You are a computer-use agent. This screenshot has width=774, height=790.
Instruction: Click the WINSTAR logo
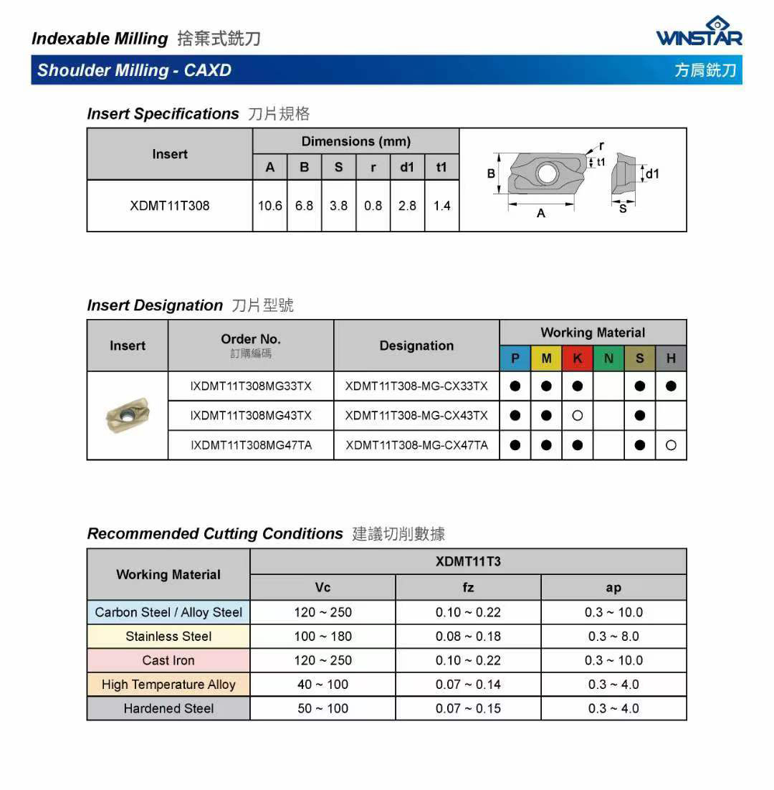point(699,32)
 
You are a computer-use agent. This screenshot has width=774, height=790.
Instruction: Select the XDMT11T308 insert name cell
point(170,206)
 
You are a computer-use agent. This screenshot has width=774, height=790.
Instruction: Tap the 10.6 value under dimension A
point(270,206)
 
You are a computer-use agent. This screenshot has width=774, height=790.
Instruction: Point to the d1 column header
point(407,167)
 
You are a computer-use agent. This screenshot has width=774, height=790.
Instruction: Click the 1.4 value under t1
point(441,206)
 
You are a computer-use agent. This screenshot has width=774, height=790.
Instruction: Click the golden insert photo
point(127,414)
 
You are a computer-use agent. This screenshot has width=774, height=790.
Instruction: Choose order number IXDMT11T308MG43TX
point(251,416)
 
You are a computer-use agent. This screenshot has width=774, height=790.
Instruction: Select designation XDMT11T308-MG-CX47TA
point(416,445)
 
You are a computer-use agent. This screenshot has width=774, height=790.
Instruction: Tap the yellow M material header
point(546,358)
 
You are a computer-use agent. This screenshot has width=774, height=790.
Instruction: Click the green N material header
point(608,358)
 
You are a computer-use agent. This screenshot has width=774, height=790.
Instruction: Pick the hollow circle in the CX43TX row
point(578,416)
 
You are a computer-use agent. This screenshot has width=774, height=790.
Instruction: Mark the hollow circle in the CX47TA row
point(671,445)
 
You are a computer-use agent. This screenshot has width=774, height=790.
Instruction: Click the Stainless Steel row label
point(168,637)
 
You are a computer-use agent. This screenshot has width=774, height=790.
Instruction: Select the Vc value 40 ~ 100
point(322,685)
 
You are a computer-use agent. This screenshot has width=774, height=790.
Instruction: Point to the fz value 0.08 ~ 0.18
point(468,637)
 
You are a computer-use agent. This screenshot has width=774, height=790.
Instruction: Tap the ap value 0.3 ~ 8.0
point(613,637)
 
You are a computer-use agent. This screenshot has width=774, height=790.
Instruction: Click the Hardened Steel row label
point(168,708)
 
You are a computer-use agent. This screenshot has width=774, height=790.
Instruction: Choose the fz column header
point(468,588)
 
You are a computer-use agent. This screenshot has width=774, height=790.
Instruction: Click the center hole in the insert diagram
point(548,173)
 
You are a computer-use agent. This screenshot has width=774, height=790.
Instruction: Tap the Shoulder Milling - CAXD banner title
point(134,70)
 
